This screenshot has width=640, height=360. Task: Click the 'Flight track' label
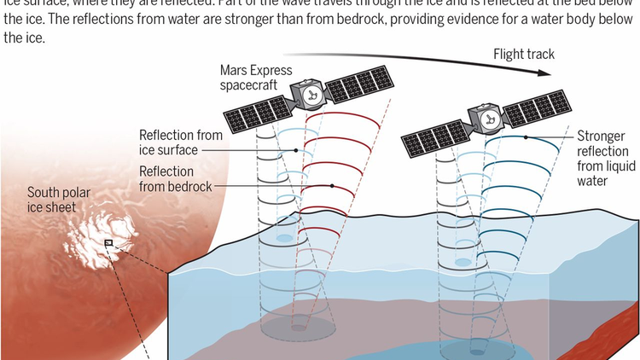click(x=523, y=55)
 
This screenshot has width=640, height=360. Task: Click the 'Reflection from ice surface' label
click(x=181, y=142)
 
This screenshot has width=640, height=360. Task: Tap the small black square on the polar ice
click(x=108, y=243)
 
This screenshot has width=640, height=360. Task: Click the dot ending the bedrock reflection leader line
click(x=330, y=185)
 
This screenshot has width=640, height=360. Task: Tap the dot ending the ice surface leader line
click(x=295, y=150)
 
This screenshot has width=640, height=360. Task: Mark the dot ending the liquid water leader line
click(x=527, y=137)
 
